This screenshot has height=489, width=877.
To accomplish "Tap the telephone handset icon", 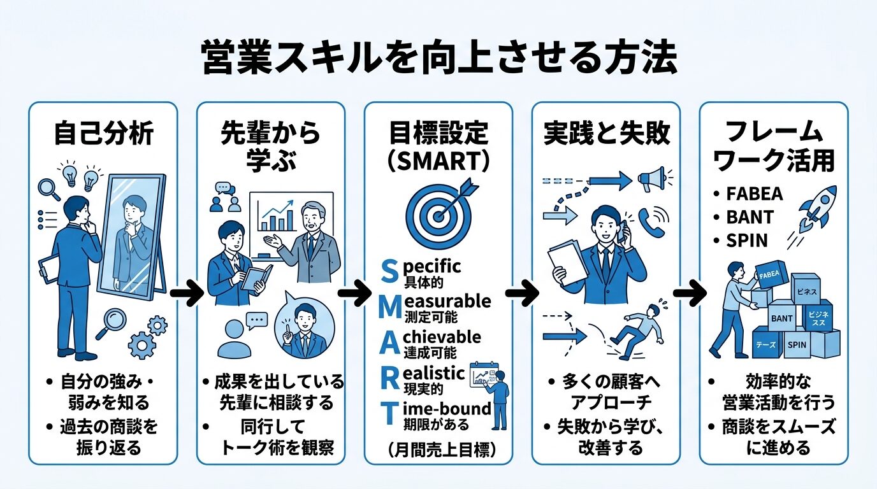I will (651, 220).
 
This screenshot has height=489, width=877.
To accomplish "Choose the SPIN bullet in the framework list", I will (747, 241).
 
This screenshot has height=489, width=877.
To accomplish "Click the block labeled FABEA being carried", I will (769, 276).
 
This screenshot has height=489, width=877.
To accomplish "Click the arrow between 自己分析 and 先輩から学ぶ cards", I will (186, 294).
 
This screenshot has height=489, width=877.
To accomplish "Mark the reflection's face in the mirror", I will (134, 206).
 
